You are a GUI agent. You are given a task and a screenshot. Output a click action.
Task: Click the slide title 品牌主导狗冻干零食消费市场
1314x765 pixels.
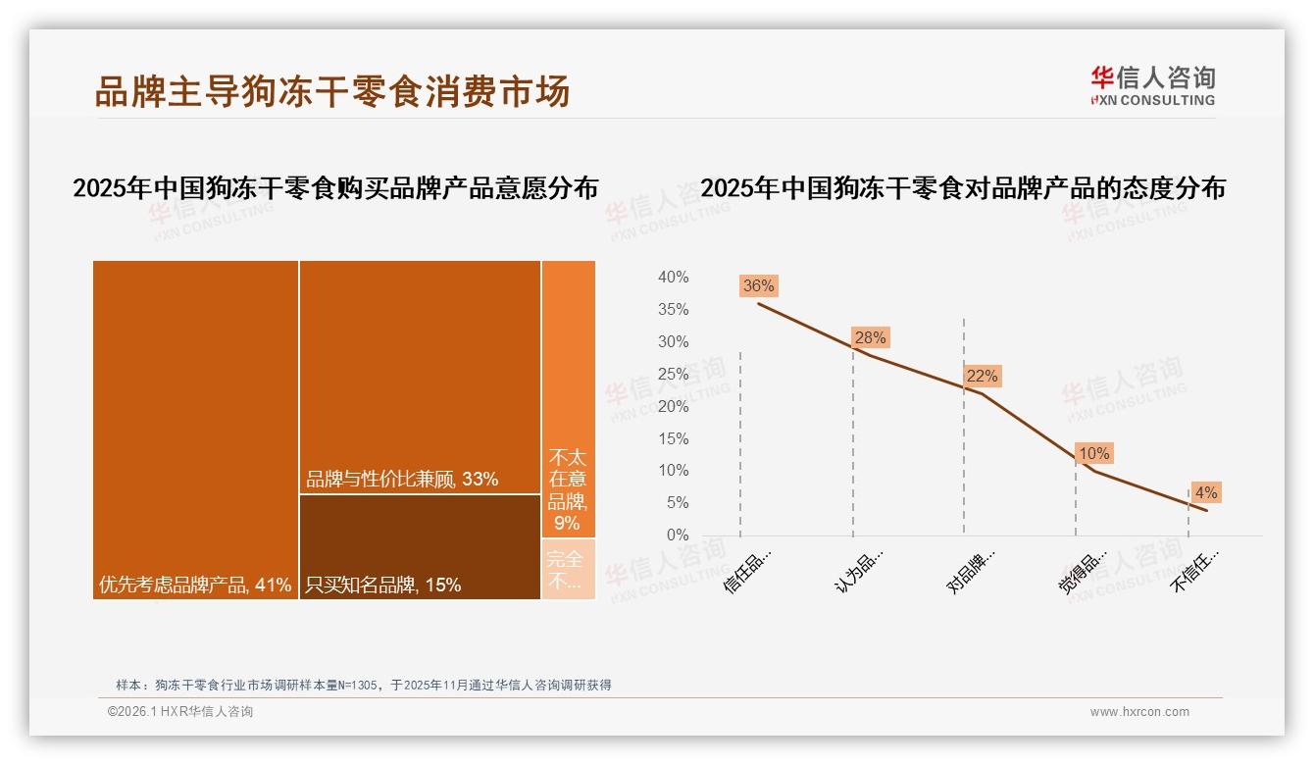point(331,91)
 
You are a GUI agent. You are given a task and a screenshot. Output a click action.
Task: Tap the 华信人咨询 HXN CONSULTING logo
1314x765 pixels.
point(1152,85)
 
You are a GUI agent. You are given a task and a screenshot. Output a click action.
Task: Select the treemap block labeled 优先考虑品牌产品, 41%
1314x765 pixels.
point(195,430)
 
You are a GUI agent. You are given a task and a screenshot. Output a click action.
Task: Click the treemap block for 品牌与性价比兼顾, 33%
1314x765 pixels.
point(420,378)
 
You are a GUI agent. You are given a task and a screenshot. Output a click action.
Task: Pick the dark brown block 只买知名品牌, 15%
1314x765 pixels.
point(420,546)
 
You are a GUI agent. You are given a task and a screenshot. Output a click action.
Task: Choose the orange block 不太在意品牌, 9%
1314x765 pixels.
point(568,399)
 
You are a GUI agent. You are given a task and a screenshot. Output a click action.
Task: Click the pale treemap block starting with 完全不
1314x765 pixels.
point(568,569)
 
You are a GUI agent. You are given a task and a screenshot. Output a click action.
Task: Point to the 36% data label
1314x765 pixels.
point(758,286)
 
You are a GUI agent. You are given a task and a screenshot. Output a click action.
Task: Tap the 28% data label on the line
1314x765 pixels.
point(870,337)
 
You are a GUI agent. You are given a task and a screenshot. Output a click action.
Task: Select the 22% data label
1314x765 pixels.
point(982,376)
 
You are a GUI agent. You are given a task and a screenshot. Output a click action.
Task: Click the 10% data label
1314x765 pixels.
point(1093,453)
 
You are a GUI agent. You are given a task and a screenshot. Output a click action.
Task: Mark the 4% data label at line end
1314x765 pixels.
point(1205,492)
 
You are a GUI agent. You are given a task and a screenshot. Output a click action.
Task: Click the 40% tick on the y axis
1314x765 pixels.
point(673,278)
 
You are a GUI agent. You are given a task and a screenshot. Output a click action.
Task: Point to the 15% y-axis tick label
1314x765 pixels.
point(673,438)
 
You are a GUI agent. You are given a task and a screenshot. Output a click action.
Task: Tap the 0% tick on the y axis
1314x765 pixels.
point(677,535)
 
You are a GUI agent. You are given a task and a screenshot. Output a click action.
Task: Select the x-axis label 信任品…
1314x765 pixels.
point(747,570)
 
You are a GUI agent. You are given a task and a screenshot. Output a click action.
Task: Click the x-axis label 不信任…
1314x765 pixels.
point(1195,570)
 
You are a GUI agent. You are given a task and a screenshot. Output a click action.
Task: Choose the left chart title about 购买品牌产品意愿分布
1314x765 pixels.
point(335,188)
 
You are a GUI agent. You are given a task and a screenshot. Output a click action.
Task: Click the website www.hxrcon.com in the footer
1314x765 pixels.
point(1139,712)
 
